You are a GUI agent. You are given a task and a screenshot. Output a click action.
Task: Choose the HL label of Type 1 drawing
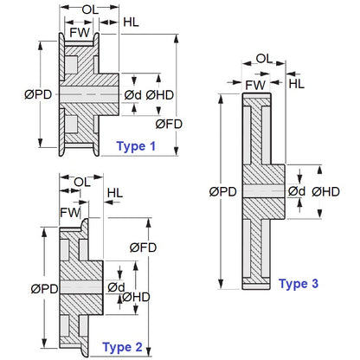[x=134, y=22]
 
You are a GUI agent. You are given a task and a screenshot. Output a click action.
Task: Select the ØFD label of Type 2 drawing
[x=143, y=247]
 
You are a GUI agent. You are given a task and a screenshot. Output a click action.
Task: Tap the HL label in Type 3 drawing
[x=296, y=83]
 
